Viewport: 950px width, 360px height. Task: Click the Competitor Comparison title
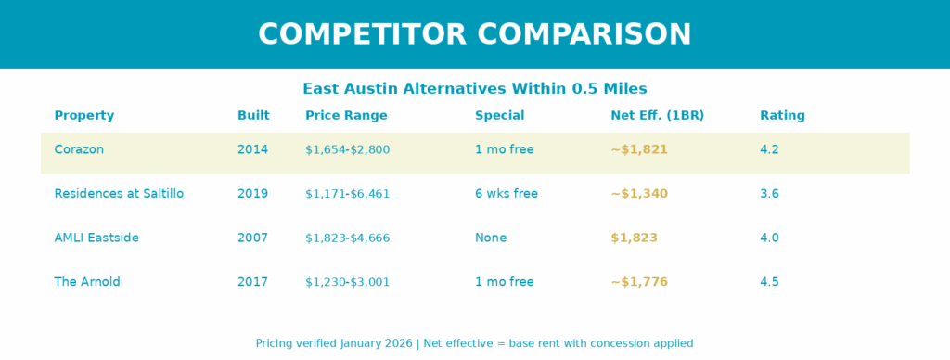coord(474,34)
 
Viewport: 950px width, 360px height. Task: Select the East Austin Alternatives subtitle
coord(475,88)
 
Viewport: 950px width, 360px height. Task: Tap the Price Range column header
coord(346,116)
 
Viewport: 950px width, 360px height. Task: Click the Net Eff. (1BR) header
coord(658,116)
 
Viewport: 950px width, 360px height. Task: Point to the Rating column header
coord(782,116)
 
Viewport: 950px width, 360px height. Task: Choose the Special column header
coord(499,116)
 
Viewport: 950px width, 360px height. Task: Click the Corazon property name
coord(79,149)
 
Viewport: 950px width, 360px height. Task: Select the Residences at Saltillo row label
coord(119,193)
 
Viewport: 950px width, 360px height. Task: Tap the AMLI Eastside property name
coord(96,238)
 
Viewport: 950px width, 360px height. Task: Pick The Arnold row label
coord(87,282)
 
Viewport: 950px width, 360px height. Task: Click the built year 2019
coord(252,193)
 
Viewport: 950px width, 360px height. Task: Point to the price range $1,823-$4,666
coord(347,238)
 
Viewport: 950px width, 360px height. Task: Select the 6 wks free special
coord(506,193)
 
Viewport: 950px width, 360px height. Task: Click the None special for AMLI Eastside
coord(491,238)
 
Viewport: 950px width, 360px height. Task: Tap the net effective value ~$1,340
coord(639,193)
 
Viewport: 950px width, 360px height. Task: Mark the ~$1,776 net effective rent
coord(639,282)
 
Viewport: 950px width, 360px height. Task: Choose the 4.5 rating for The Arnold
coord(769,282)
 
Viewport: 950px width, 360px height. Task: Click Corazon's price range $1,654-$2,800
coord(347,149)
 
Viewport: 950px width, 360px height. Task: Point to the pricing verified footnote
coord(474,343)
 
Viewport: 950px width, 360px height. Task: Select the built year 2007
coord(252,238)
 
